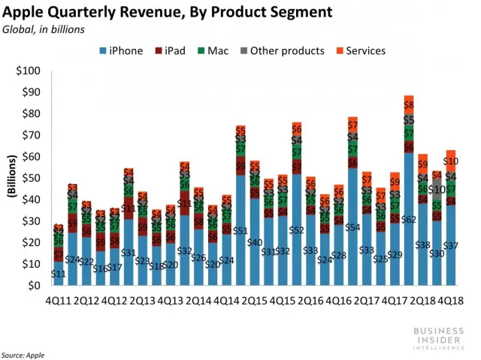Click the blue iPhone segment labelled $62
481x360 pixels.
pos(408,219)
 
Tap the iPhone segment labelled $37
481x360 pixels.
pos(451,246)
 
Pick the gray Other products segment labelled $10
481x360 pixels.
pos(437,190)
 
